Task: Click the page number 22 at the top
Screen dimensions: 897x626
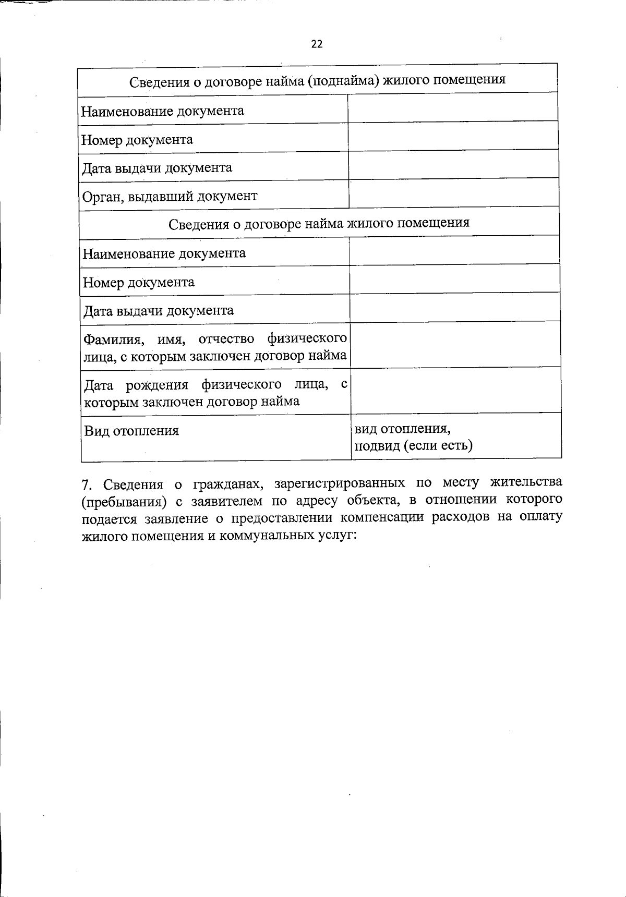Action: coord(317,44)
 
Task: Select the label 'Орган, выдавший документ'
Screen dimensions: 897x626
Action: coord(170,196)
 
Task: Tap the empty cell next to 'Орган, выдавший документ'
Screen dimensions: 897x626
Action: coord(453,193)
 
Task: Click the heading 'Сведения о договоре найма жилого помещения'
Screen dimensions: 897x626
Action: coord(319,224)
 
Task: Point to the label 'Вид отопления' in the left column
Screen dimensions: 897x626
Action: coord(131,431)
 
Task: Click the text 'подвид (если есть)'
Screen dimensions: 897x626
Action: coord(414,446)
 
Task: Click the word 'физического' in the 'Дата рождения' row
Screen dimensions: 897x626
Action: coord(238,385)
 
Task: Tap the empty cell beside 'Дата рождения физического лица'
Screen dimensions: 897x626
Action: coord(455,390)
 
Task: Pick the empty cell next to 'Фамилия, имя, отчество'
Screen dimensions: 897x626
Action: coord(455,344)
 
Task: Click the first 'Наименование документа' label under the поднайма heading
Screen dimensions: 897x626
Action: coord(163,111)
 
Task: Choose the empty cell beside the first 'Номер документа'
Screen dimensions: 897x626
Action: coord(453,136)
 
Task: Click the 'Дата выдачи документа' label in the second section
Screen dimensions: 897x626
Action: coord(159,311)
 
